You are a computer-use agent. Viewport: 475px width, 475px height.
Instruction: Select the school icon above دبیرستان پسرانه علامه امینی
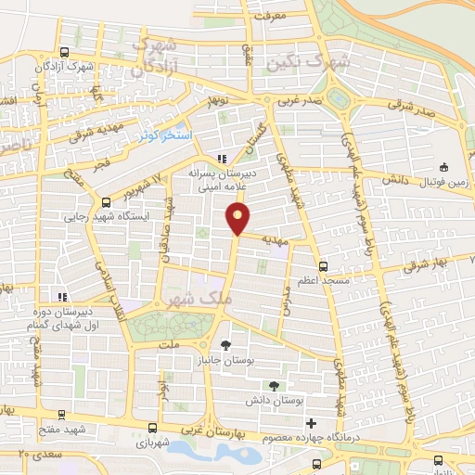coord(221,157)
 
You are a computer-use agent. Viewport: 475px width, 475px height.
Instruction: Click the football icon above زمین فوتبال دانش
coord(445,168)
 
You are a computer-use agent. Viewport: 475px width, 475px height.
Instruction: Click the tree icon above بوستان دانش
coord(274,385)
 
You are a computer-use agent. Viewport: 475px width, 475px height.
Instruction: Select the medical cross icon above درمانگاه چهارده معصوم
coord(310,423)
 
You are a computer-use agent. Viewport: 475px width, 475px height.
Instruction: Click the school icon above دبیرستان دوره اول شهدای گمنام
coord(61,297)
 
